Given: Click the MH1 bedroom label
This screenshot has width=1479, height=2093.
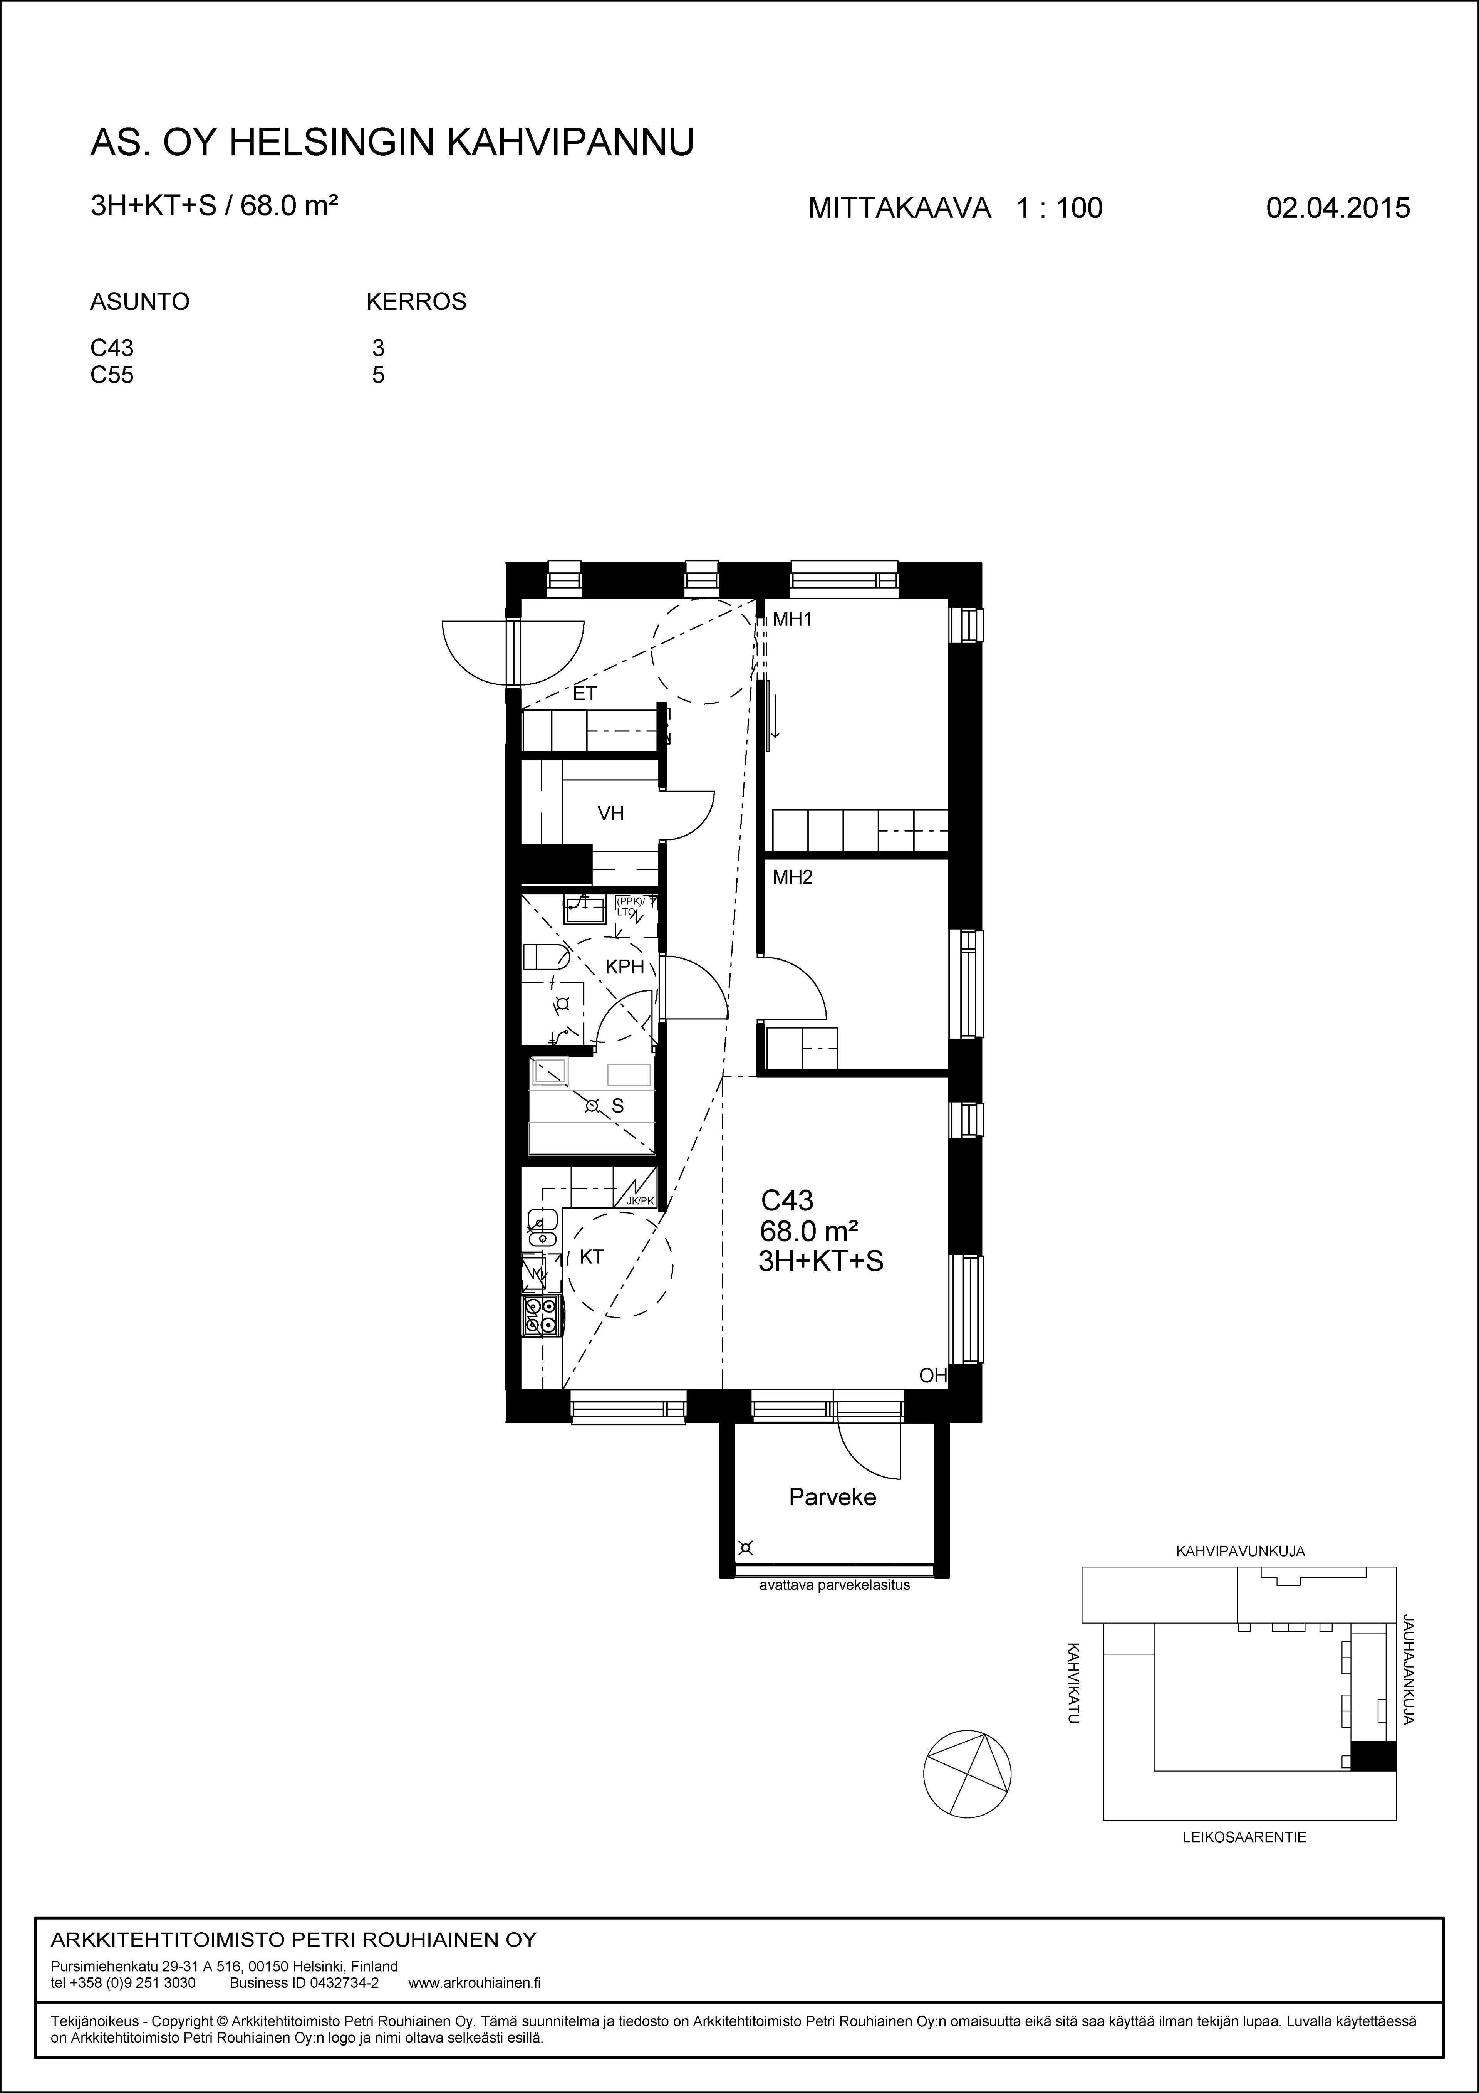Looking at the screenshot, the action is [792, 620].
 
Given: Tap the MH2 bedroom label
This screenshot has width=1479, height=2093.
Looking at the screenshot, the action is [792, 878].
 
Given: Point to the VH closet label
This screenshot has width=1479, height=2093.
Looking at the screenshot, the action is [610, 813].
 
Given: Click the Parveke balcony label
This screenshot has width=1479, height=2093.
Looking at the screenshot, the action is [832, 1497].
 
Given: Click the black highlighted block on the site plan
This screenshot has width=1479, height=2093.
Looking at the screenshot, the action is [1372, 1756].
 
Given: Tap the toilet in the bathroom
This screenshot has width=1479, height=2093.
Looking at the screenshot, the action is [546, 957].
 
